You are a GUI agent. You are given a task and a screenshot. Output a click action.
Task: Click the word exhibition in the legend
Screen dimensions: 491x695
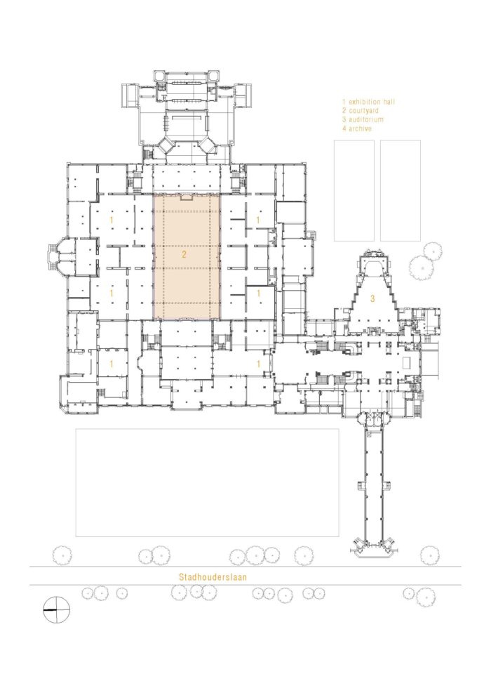click(365, 102)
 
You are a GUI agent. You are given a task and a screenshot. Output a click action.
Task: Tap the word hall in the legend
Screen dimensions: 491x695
click(389, 102)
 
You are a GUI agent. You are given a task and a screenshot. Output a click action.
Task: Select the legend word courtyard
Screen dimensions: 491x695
click(363, 111)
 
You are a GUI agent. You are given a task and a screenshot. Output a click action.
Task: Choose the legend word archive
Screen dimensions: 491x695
click(360, 128)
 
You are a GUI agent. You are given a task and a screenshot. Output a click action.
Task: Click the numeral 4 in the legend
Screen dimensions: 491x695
click(344, 128)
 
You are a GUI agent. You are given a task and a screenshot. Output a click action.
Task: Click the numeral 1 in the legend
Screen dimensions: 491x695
click(344, 102)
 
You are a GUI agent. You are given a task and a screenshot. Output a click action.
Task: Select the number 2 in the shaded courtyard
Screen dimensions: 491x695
click(184, 254)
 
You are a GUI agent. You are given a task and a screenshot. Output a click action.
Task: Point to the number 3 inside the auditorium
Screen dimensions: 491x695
click(372, 299)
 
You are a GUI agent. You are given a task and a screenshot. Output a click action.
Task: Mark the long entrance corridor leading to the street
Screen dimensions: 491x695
click(372, 483)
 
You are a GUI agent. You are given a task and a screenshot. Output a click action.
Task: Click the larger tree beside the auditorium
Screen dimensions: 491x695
click(421, 267)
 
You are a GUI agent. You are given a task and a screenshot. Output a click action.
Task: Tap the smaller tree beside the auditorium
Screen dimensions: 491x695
click(431, 251)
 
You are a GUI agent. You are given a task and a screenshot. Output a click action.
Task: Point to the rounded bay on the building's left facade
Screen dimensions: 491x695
click(56, 256)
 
